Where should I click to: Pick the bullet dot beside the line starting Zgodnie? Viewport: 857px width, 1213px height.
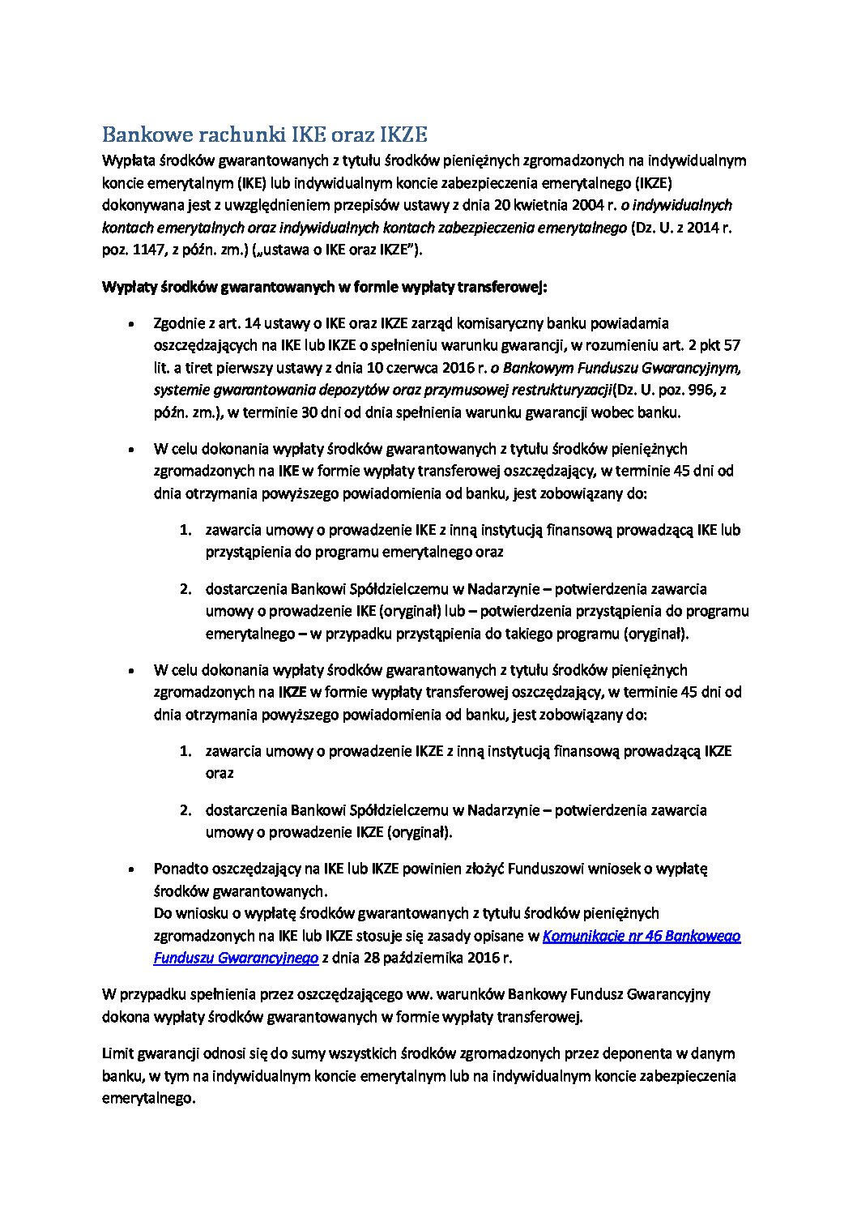(x=131, y=324)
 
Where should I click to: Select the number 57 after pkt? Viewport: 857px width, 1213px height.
(x=731, y=345)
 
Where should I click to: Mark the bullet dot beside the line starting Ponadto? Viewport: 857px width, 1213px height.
(x=131, y=869)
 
